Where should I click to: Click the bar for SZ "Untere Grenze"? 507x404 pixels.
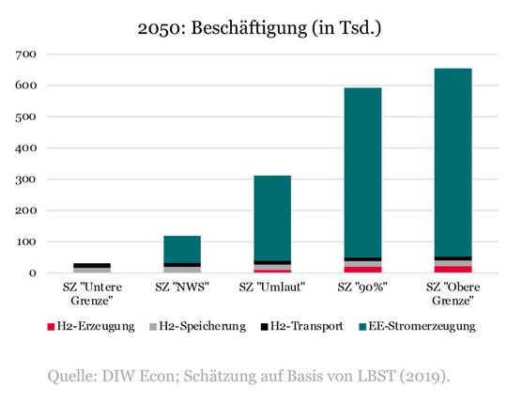point(92,269)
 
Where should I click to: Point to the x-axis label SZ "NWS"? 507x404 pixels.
point(182,287)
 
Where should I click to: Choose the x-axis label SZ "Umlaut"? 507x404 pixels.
point(272,287)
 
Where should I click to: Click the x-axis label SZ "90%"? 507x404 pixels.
point(362,287)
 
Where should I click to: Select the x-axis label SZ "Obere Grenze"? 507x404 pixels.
point(453,293)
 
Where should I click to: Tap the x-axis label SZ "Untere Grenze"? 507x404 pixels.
point(92,293)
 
